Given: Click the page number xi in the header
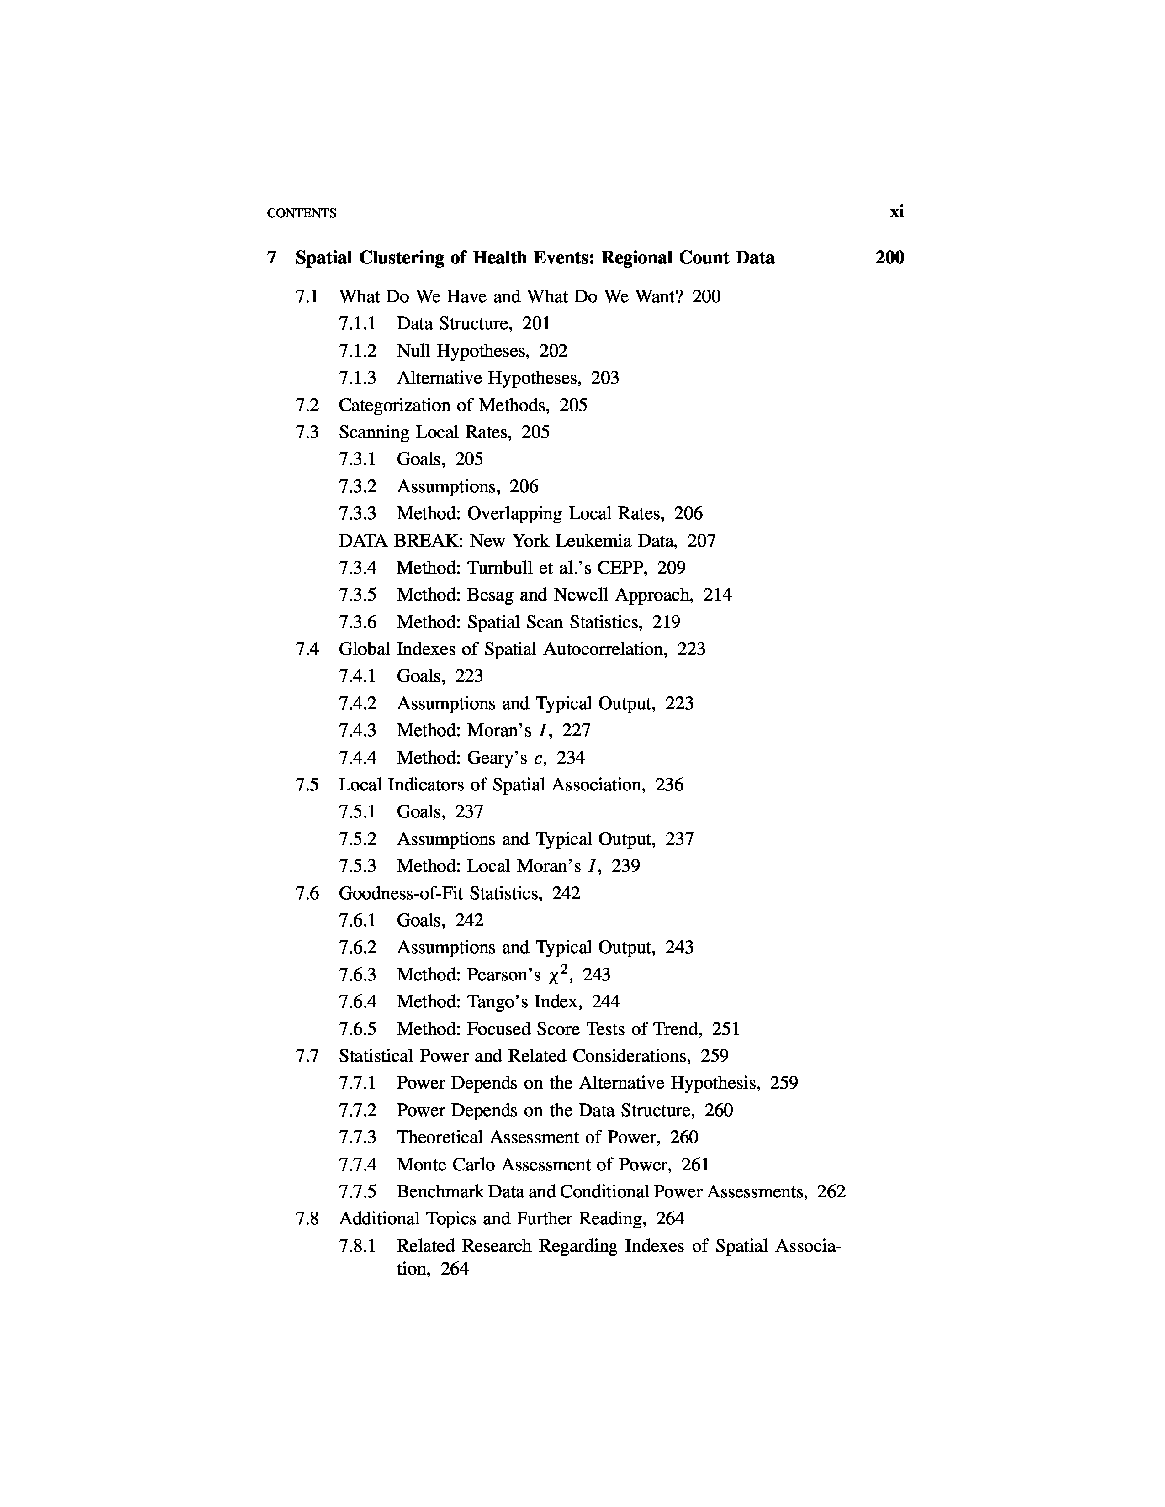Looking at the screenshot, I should click(896, 212).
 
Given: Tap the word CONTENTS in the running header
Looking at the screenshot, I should click(302, 213).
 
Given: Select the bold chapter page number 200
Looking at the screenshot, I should click(890, 258).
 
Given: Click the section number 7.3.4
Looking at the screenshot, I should click(358, 568).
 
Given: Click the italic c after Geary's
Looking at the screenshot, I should click(538, 759).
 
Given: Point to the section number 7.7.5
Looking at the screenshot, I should click(358, 1191).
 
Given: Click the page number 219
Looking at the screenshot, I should click(666, 622).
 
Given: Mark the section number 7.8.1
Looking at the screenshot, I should click(358, 1246).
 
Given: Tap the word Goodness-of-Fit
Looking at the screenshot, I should click(402, 894).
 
